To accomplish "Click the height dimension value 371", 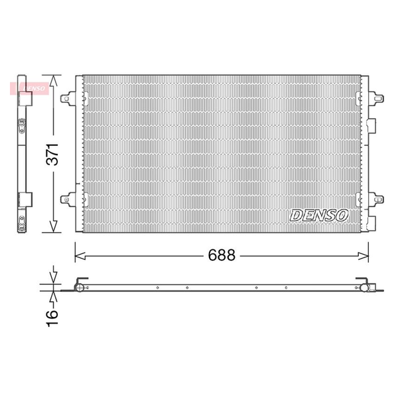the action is coord(52,155).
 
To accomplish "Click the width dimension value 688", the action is coord(222,255).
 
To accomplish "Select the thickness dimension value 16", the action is coord(52,318).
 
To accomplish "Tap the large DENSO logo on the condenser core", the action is coord(319,215).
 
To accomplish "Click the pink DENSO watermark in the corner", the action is coord(29,88).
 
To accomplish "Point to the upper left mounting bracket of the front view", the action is coord(68,98).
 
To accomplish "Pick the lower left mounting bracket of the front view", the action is coord(68,200).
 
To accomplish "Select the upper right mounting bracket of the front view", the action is coord(376,98).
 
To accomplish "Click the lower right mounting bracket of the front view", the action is coord(376,200).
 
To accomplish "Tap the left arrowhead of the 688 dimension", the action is coord(80,256).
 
